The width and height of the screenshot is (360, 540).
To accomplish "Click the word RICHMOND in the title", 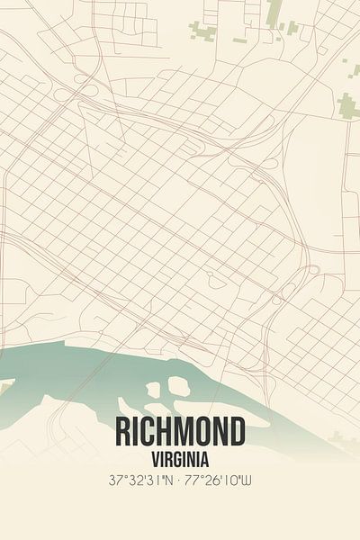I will click(x=180, y=433).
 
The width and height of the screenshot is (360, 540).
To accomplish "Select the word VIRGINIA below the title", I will click(x=180, y=458).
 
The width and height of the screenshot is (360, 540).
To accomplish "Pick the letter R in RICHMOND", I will click(x=123, y=433).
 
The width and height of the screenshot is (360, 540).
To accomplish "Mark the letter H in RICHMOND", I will click(x=165, y=433).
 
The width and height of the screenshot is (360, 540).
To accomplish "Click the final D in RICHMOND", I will click(x=236, y=433).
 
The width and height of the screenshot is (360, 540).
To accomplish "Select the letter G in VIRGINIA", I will click(x=177, y=458).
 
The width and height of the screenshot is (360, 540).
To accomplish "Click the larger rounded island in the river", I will click(x=178, y=387).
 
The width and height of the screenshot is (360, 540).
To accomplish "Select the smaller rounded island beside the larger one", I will click(x=154, y=390).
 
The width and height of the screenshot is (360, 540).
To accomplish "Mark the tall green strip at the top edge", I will click(x=273, y=12).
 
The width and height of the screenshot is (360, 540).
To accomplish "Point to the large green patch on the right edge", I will click(x=348, y=105).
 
